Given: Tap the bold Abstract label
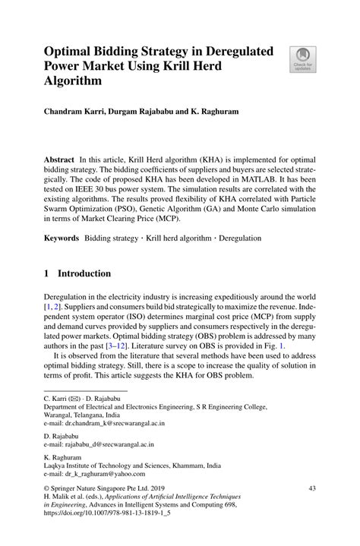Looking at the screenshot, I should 58,161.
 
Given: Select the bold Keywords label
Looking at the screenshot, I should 60,238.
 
